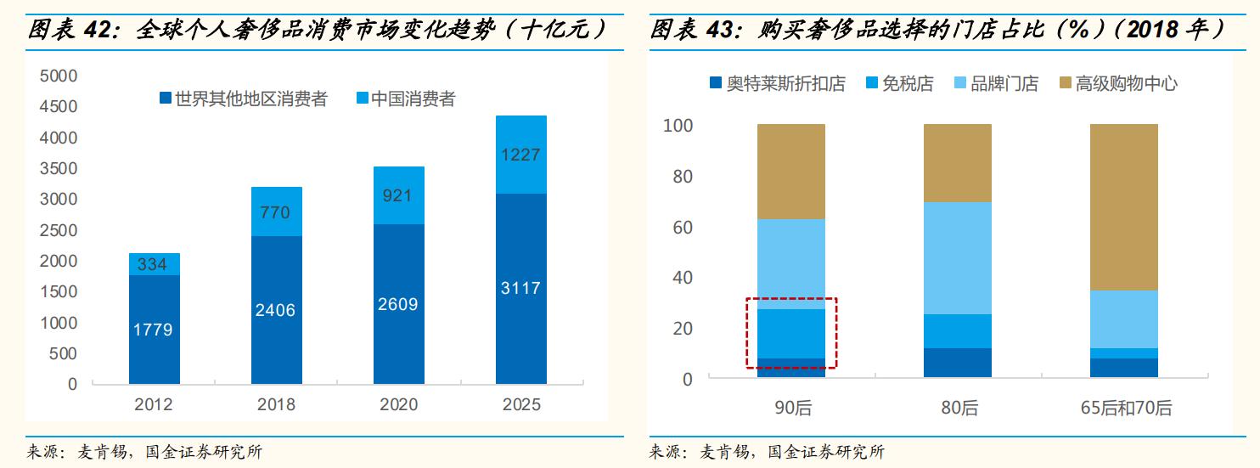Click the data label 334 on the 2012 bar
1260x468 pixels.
[153, 265]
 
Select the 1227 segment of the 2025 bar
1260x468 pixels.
[520, 155]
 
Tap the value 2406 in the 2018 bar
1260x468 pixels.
[275, 310]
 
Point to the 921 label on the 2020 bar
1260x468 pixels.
[397, 195]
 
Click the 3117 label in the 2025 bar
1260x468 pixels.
[520, 288]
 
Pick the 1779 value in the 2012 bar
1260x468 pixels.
[153, 330]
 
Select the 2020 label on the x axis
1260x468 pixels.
[397, 404]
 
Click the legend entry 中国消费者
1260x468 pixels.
[404, 99]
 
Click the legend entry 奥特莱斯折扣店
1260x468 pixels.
[777, 83]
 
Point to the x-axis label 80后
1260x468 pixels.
[959, 409]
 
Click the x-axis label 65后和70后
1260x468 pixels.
[1125, 409]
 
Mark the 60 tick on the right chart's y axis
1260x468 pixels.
[683, 228]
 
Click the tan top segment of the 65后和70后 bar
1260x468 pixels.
[1124, 207]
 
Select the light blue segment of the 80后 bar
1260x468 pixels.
[958, 258]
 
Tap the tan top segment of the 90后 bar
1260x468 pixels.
[791, 172]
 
